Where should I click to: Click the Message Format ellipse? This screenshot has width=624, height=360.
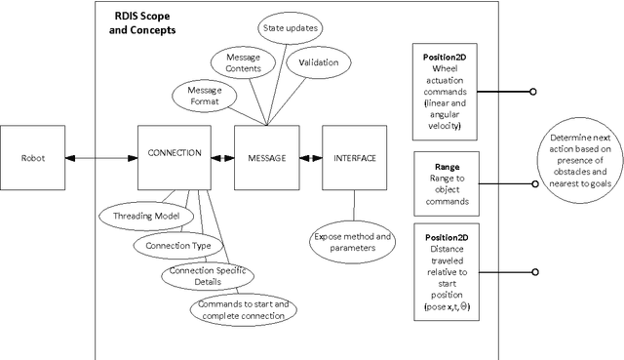pyautogui.click(x=197, y=96)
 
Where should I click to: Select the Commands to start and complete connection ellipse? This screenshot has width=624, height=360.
pyautogui.click(x=244, y=308)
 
